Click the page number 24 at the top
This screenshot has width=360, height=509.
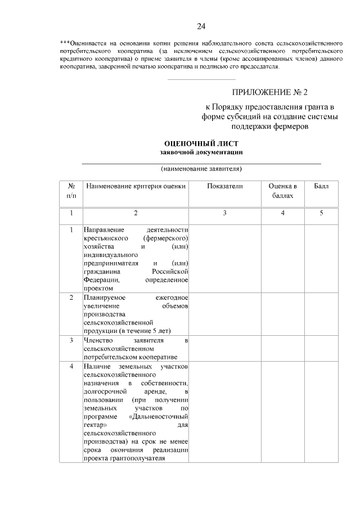tap(201, 26)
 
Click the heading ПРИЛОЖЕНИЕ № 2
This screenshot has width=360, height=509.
tap(270, 92)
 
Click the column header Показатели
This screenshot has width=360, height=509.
tap(224, 186)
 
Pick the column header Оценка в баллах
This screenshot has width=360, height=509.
tap(282, 191)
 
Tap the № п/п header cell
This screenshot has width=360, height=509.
tap(71, 191)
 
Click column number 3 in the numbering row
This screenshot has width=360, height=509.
tap(224, 213)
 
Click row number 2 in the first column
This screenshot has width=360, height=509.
tap(71, 297)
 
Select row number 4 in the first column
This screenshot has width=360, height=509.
tap(71, 367)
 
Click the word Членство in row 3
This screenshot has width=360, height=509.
tap(98, 340)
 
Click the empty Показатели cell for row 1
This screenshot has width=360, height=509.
tap(224, 258)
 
